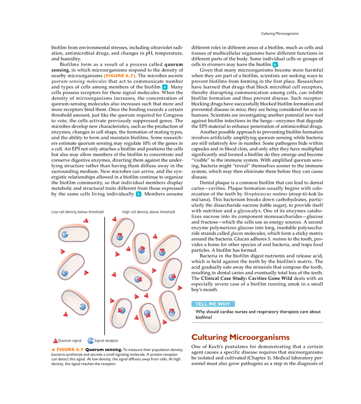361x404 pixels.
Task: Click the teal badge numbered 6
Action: click(275, 65)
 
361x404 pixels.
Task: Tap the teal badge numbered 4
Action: click(165, 87)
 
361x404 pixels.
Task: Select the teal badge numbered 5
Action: click(138, 194)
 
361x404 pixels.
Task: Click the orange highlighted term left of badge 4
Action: click(119, 76)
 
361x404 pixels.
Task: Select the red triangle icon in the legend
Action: click(55, 341)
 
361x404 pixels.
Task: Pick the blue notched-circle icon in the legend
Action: click(90, 340)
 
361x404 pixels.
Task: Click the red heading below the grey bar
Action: click(240, 337)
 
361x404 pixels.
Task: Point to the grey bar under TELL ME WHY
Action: click(258, 322)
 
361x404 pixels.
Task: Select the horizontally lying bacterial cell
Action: click(73, 233)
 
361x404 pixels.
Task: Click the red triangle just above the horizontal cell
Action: click(85, 221)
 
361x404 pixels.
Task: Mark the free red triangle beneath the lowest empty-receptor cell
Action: click(65, 314)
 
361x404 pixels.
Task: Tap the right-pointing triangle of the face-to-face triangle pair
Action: click(137, 296)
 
